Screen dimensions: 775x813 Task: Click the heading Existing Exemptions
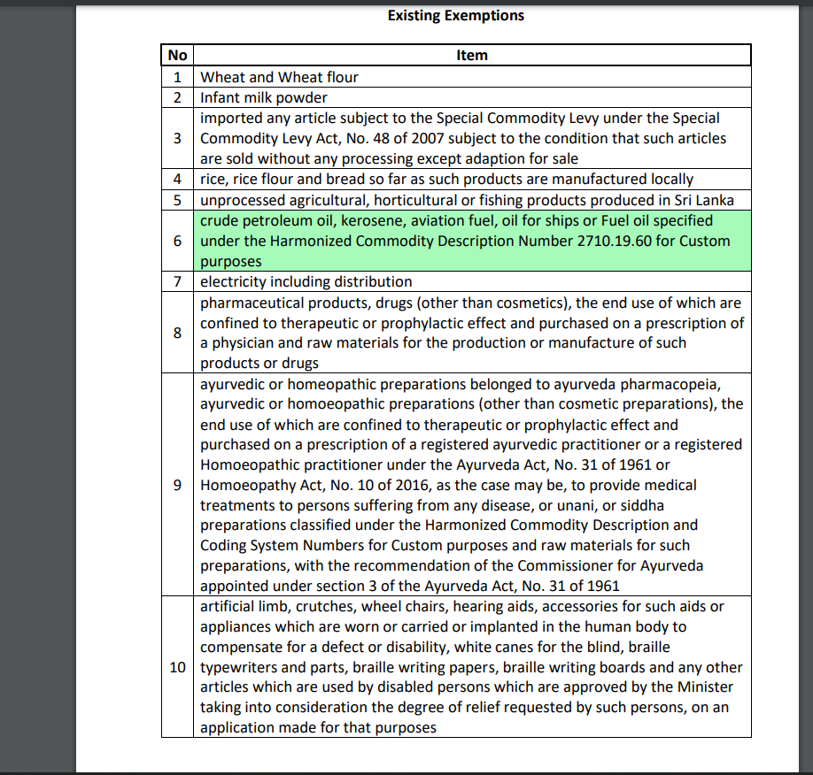click(455, 16)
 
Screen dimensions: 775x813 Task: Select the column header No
click(177, 55)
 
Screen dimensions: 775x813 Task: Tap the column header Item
click(472, 55)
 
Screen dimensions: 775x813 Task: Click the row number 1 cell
click(177, 77)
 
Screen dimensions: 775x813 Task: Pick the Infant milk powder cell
click(264, 97)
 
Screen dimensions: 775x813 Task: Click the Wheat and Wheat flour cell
click(279, 77)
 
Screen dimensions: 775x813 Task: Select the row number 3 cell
click(177, 138)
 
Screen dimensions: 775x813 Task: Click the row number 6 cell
click(177, 241)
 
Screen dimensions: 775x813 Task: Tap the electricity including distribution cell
click(306, 281)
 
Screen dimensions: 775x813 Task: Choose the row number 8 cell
click(177, 333)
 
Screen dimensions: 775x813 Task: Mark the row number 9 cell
click(177, 485)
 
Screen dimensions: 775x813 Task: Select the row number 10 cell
click(177, 667)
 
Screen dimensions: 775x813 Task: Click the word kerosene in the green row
click(364, 220)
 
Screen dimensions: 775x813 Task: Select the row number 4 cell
click(177, 179)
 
